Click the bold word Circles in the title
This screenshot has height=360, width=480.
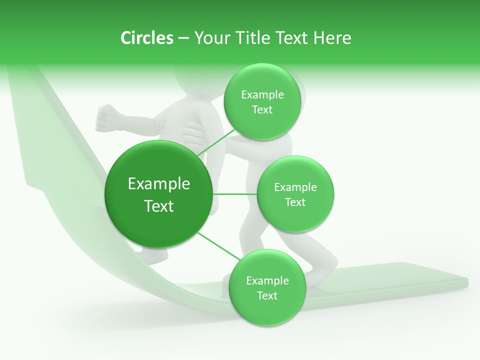pyautogui.click(x=146, y=38)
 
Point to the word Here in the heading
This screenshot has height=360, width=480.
pyautogui.click(x=332, y=38)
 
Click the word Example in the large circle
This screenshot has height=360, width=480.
pyautogui.click(x=159, y=184)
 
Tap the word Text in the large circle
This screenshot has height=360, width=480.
pyautogui.click(x=159, y=206)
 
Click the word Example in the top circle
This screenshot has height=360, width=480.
pyautogui.click(x=262, y=95)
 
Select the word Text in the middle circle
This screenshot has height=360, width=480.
pyautogui.click(x=295, y=202)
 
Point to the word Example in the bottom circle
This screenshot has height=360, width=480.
pyautogui.click(x=267, y=280)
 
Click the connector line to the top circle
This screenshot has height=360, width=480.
pyautogui.click(x=216, y=142)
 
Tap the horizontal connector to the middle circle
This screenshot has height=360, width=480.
pyautogui.click(x=234, y=194)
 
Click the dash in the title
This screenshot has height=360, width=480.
pyautogui.click(x=183, y=38)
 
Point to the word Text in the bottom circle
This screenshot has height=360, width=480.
pyautogui.click(x=267, y=295)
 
